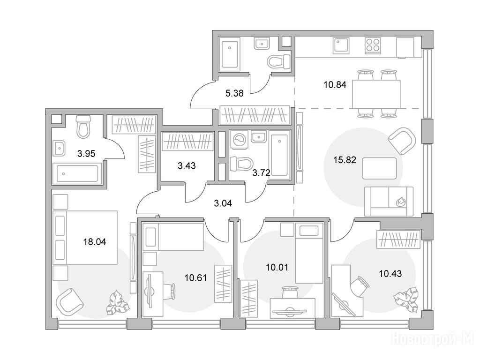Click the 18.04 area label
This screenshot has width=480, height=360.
pyautogui.click(x=95, y=242)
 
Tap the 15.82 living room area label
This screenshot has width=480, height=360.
pyautogui.click(x=345, y=160)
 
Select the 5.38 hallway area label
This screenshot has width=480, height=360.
pyautogui.click(x=234, y=93)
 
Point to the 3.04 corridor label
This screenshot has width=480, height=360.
pyautogui.click(x=223, y=203)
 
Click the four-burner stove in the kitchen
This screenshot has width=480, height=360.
pyautogui.click(x=373, y=45)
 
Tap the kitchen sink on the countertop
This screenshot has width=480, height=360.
pyautogui.click(x=341, y=45)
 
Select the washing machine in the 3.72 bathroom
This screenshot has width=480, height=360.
pyautogui.click(x=239, y=140)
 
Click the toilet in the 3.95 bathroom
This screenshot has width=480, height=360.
pyautogui.click(x=83, y=127)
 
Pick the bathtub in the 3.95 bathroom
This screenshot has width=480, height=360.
pyautogui.click(x=77, y=173)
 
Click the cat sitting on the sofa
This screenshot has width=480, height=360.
pyautogui.click(x=400, y=202)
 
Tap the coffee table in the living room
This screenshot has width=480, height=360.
pyautogui.click(x=379, y=168)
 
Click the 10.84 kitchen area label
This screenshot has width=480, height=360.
pyautogui.click(x=335, y=85)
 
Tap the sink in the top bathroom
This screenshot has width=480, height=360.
pyautogui.click(x=262, y=44)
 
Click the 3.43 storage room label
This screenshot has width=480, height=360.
pyautogui.click(x=187, y=166)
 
